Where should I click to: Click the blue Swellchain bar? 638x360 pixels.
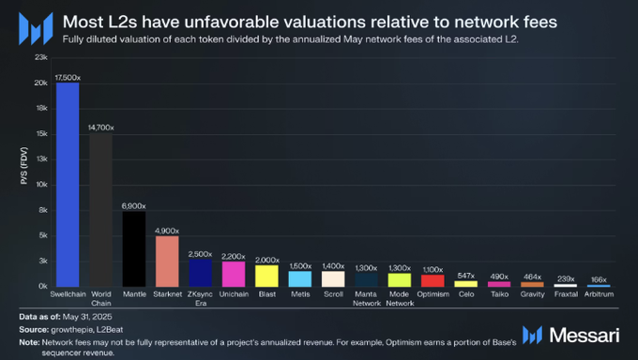[68, 184]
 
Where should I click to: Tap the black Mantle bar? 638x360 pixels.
[134, 248]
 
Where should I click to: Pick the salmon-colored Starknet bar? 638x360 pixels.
[167, 261]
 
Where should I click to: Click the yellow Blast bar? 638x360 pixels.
[267, 276]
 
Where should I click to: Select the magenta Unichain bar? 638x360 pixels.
[234, 274]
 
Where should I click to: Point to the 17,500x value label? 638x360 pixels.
[68, 76]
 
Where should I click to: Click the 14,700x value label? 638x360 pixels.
[101, 126]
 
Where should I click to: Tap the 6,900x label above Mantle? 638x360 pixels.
[134, 205]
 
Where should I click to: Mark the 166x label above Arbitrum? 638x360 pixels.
[598, 279]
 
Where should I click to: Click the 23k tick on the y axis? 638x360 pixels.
[40, 57]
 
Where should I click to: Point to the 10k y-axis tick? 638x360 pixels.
[40, 184]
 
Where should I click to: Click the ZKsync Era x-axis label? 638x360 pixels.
[200, 298]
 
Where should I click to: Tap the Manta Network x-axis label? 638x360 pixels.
[366, 298]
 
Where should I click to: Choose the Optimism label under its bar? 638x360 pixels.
[433, 293]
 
